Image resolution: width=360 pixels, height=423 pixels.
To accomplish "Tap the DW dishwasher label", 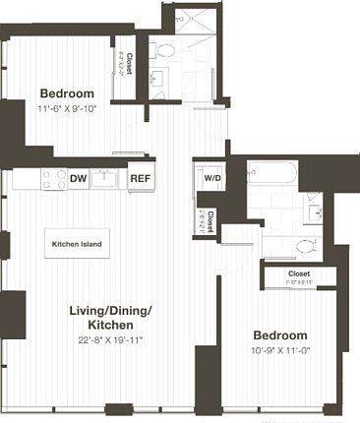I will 79,179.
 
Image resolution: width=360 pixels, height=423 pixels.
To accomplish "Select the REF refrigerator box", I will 140,179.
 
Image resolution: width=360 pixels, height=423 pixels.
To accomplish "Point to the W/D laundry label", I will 211,179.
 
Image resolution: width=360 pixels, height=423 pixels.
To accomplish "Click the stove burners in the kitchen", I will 52,179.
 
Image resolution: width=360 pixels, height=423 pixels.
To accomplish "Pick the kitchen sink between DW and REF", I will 107,179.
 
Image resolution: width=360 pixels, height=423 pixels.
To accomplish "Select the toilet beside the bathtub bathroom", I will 307,245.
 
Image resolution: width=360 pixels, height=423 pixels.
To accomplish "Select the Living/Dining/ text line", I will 111,311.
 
